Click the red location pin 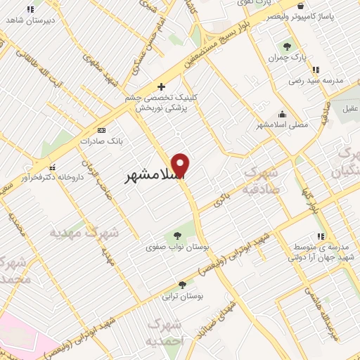click(x=181, y=166)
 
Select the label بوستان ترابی click(x=182, y=297)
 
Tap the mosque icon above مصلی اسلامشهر click(x=283, y=114)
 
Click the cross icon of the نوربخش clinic click(x=161, y=86)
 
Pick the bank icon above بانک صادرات click(x=101, y=130)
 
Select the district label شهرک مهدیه click(x=84, y=231)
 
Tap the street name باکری click(x=222, y=199)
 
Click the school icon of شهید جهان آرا click(x=321, y=236)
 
